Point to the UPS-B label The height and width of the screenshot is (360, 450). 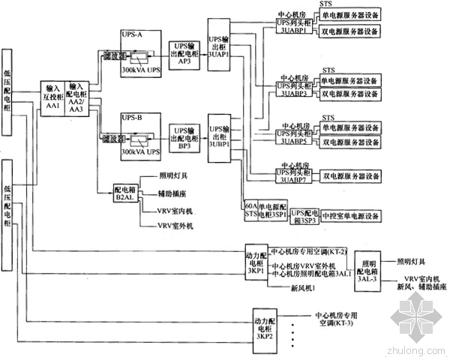[131, 117]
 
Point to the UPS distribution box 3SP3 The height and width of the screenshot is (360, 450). [304, 214]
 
